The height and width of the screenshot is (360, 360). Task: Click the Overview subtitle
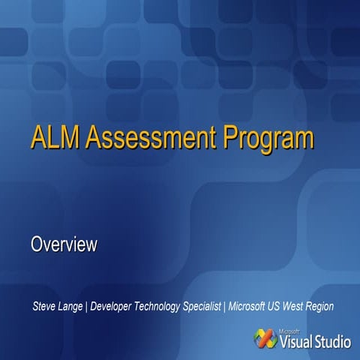pos(64,244)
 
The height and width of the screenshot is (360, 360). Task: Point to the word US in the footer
pos(280,307)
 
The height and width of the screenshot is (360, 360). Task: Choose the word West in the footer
pos(300,307)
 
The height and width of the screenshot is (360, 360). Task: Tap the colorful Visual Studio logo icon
pos(265,339)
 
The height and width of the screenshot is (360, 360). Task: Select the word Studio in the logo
pos(332,343)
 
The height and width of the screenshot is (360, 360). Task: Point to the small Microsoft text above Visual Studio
pos(291,331)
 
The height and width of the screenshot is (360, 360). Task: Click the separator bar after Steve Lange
pos(87,307)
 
